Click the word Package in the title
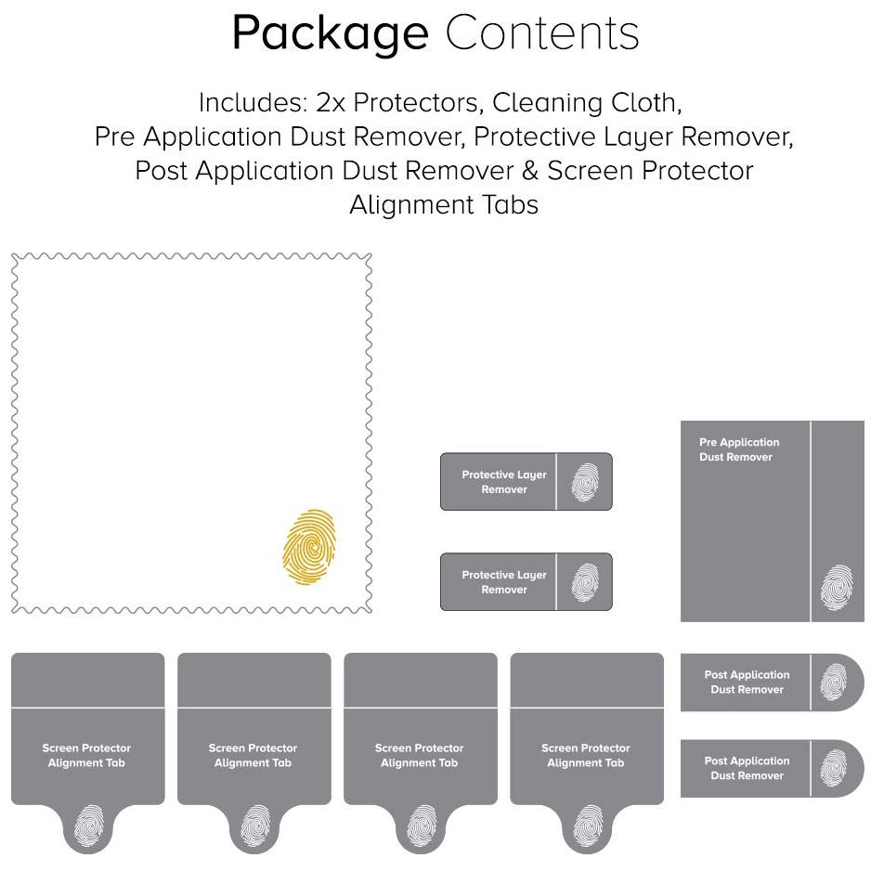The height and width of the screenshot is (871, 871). pyautogui.click(x=330, y=33)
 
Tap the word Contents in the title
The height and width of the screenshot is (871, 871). pyautogui.click(x=542, y=32)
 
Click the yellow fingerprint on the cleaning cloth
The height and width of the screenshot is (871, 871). pyautogui.click(x=309, y=547)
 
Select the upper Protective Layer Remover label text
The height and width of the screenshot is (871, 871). pyautogui.click(x=504, y=482)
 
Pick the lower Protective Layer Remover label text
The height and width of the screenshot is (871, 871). pyautogui.click(x=504, y=581)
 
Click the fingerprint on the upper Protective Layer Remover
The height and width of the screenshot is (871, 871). pyautogui.click(x=585, y=482)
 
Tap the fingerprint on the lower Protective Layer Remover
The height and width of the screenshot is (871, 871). pyautogui.click(x=585, y=582)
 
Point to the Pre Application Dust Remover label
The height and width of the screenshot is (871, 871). pyautogui.click(x=739, y=449)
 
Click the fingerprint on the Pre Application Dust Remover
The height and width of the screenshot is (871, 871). pyautogui.click(x=837, y=587)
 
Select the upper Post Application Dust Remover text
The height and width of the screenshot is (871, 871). pyautogui.click(x=747, y=682)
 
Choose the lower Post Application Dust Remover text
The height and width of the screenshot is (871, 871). pyautogui.click(x=747, y=768)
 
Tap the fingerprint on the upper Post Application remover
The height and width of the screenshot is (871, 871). pyautogui.click(x=833, y=682)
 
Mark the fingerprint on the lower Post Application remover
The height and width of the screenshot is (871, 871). pyautogui.click(x=833, y=768)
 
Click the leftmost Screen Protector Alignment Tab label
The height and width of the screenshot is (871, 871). pyautogui.click(x=86, y=755)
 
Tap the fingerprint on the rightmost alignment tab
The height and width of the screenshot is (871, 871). pyautogui.click(x=588, y=825)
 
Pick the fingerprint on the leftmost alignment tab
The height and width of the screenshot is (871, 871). pyautogui.click(x=89, y=825)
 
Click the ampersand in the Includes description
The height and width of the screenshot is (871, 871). pyautogui.click(x=530, y=171)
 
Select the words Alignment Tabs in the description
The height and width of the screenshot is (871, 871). pyautogui.click(x=444, y=204)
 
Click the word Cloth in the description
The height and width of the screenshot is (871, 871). pyautogui.click(x=646, y=103)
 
